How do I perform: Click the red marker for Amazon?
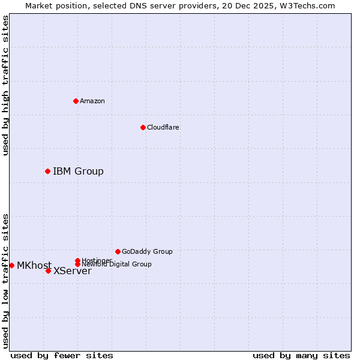[x=76, y=101]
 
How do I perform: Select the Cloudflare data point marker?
[x=143, y=127]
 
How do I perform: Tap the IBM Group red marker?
[x=48, y=172]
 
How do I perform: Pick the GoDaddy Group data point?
[x=118, y=251]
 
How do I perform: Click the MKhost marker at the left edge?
[x=12, y=265]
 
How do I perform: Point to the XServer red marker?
[x=49, y=271]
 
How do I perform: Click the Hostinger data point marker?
[x=77, y=260]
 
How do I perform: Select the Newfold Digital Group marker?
[x=78, y=264]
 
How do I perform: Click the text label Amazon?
[x=92, y=101]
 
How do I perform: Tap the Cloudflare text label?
[x=163, y=127]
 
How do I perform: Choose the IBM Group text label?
[x=78, y=172]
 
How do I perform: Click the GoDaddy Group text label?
[x=147, y=251]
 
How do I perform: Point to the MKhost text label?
[x=34, y=266]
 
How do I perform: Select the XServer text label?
[x=73, y=271]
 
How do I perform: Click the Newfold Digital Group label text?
[x=116, y=264]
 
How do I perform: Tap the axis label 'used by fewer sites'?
[x=62, y=355]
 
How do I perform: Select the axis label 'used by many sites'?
[x=301, y=355]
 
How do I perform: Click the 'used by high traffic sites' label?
[x=5, y=85]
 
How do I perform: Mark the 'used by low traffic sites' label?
[x=5, y=280]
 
